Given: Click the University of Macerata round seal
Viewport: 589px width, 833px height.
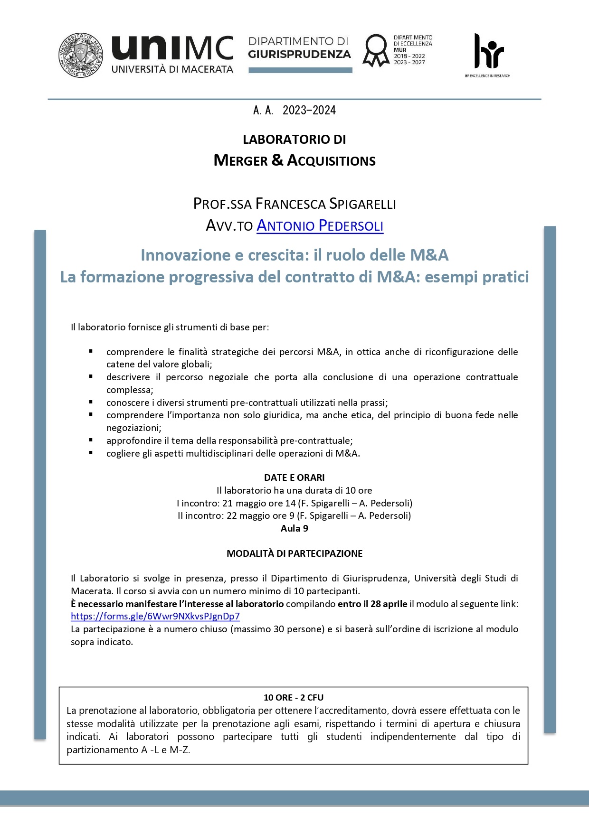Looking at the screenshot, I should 81,55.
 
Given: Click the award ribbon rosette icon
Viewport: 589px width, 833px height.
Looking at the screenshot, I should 376,50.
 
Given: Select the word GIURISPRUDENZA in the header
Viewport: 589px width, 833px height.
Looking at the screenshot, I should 299,55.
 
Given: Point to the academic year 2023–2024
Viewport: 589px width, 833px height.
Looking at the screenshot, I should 309,111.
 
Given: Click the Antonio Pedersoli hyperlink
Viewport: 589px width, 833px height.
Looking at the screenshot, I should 320,225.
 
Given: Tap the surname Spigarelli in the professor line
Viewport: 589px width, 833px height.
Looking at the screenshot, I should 362,204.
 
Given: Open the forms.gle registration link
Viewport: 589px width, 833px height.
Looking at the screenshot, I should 155,617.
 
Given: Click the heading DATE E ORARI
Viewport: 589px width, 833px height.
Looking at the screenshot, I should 294,477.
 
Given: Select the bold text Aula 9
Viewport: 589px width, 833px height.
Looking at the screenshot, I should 294,528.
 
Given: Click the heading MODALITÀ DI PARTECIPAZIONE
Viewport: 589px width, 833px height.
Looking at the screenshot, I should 294,553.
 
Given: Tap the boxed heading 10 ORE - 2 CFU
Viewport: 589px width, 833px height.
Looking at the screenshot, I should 294,697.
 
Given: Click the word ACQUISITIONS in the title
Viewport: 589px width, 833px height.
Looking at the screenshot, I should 331,161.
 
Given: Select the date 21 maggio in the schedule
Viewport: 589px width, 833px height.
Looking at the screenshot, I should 241,503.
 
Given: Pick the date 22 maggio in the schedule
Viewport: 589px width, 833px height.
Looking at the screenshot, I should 245,515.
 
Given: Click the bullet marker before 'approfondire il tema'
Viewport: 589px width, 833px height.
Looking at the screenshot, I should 91,440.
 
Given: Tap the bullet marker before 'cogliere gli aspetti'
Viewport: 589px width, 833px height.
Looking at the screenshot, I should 91,453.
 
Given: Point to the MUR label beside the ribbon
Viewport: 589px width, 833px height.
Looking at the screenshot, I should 400,50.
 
